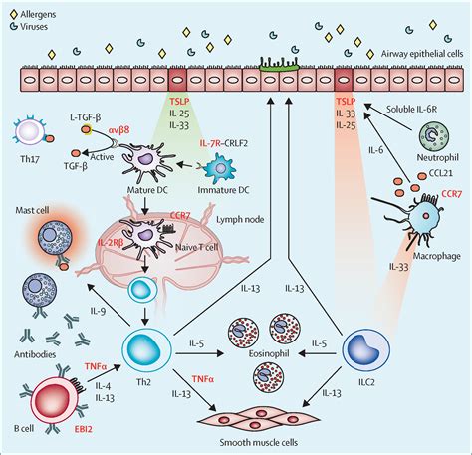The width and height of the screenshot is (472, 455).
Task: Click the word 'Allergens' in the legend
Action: click(x=36, y=9)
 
